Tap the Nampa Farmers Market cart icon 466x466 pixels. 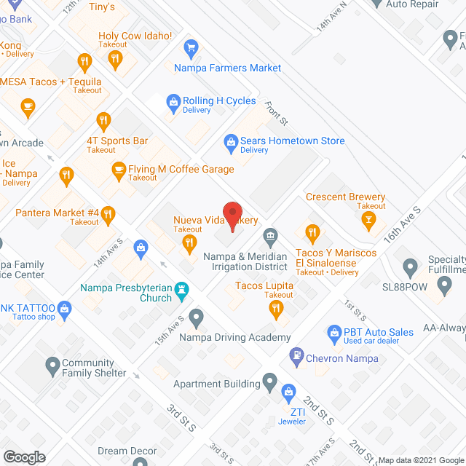(x=191, y=50)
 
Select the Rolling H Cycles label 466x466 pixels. (x=219, y=101)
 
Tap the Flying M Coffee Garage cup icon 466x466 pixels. (x=118, y=170)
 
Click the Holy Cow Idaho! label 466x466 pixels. (x=135, y=36)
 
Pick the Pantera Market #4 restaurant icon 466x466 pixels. (x=108, y=213)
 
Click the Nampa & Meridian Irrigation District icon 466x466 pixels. (x=270, y=236)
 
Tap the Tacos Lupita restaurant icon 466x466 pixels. (x=275, y=309)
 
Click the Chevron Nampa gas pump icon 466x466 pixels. (x=296, y=356)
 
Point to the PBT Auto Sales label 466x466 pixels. (x=379, y=332)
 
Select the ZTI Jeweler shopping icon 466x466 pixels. (x=288, y=392)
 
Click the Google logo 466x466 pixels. (x=23, y=457)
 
